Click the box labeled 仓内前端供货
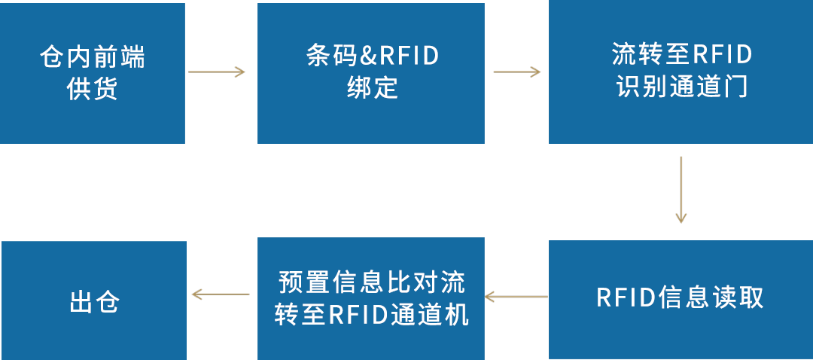coord(92,73)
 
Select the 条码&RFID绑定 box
coord(371,73)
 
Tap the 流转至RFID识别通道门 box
coord(681,73)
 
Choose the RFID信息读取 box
coord(681,299)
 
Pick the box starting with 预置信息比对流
coord(371,299)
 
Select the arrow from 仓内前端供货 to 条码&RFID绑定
coord(217,72)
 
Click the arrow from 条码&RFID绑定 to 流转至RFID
coord(516,72)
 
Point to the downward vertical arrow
coord(681,190)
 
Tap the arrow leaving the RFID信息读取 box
coord(516,297)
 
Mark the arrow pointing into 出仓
coord(221,294)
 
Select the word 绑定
coord(372,88)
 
